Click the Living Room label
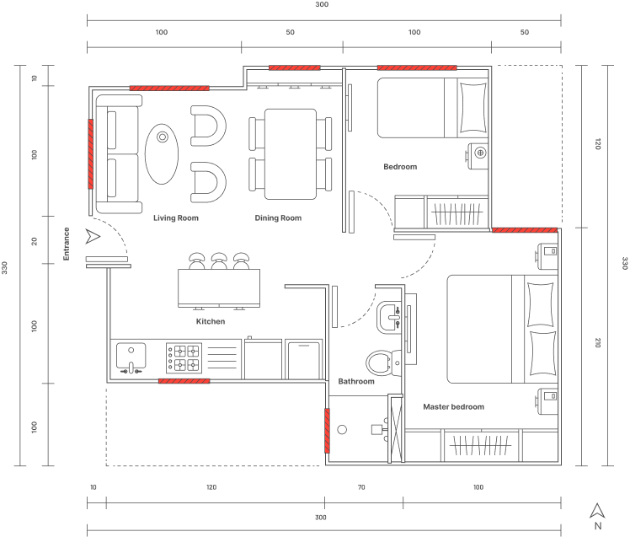pyautogui.click(x=176, y=218)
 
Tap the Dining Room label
pyautogui.click(x=278, y=218)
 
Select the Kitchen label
pyautogui.click(x=211, y=321)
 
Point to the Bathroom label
pyautogui.click(x=356, y=381)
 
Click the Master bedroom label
pyautogui.click(x=454, y=406)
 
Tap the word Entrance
pyautogui.click(x=67, y=244)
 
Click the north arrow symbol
pyautogui.click(x=597, y=511)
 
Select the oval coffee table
pyautogui.click(x=162, y=154)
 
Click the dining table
pyautogui.click(x=291, y=154)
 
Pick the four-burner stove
pyautogui.click(x=184, y=358)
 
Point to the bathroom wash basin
pyautogui.click(x=389, y=316)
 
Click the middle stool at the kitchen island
pyautogui.click(x=219, y=261)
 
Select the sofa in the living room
pyautogui.click(x=119, y=154)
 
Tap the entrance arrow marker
pyautogui.click(x=93, y=237)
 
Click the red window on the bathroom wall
pyautogui.click(x=327, y=431)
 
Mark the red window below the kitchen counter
pyautogui.click(x=184, y=381)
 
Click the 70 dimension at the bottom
pyautogui.click(x=361, y=487)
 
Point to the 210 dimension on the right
pyautogui.click(x=597, y=343)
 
